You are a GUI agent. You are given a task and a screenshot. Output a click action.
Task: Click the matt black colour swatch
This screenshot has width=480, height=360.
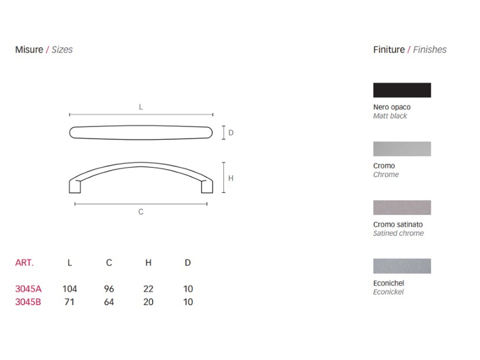tap(402, 90)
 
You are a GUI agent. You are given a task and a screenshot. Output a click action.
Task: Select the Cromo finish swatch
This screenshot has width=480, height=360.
tap(402, 149)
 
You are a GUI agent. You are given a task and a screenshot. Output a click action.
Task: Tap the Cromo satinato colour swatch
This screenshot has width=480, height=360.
tap(402, 207)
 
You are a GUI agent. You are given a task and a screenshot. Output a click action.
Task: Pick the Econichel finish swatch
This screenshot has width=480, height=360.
tap(402, 266)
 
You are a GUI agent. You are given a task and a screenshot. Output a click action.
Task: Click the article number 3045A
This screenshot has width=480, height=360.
tap(28, 288)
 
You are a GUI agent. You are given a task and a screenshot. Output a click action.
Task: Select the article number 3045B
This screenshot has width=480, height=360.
tap(28, 302)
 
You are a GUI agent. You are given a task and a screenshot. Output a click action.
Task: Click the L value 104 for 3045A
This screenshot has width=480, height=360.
tap(70, 288)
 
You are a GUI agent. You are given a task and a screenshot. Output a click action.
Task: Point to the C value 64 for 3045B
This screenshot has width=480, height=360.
tap(109, 302)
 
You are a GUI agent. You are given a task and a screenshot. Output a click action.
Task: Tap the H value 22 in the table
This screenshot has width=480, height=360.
tap(148, 288)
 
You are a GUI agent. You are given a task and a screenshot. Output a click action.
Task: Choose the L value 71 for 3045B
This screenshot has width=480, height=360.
tap(69, 302)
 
